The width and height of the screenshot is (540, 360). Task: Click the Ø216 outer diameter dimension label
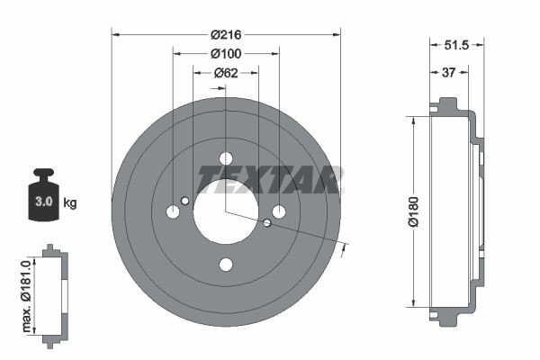[x=226, y=35]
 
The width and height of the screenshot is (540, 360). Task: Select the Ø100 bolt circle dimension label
[x=226, y=54]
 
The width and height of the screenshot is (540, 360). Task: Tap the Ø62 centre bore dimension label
[x=226, y=74]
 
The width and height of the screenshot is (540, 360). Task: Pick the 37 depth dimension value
[x=447, y=74]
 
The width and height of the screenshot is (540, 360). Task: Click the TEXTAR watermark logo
[x=269, y=179]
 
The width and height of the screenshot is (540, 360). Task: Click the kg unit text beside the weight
[x=70, y=203]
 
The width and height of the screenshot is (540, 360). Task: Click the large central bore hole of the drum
[x=225, y=212]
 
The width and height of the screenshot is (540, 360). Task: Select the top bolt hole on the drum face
[x=226, y=159]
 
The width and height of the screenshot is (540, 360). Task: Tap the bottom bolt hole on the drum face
[x=226, y=265]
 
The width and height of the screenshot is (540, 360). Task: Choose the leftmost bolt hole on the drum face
[x=173, y=212]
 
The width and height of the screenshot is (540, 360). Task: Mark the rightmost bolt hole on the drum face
[x=279, y=212]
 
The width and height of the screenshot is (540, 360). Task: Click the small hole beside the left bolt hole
[x=184, y=201]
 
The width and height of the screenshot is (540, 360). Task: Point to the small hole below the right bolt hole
[x=267, y=223]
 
